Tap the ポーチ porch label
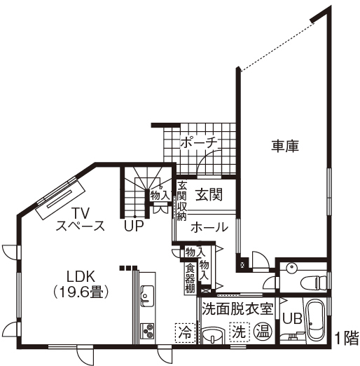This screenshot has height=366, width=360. click(198, 142)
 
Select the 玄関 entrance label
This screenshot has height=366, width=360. click(209, 194)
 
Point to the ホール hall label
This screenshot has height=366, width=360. click(209, 227)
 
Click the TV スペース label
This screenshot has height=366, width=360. click(80, 219)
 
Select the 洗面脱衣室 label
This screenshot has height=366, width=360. click(237, 308)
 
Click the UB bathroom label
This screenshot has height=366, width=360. click(292, 317)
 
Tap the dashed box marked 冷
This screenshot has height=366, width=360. click(185, 330)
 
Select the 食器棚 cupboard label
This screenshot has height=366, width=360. click(190, 278)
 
